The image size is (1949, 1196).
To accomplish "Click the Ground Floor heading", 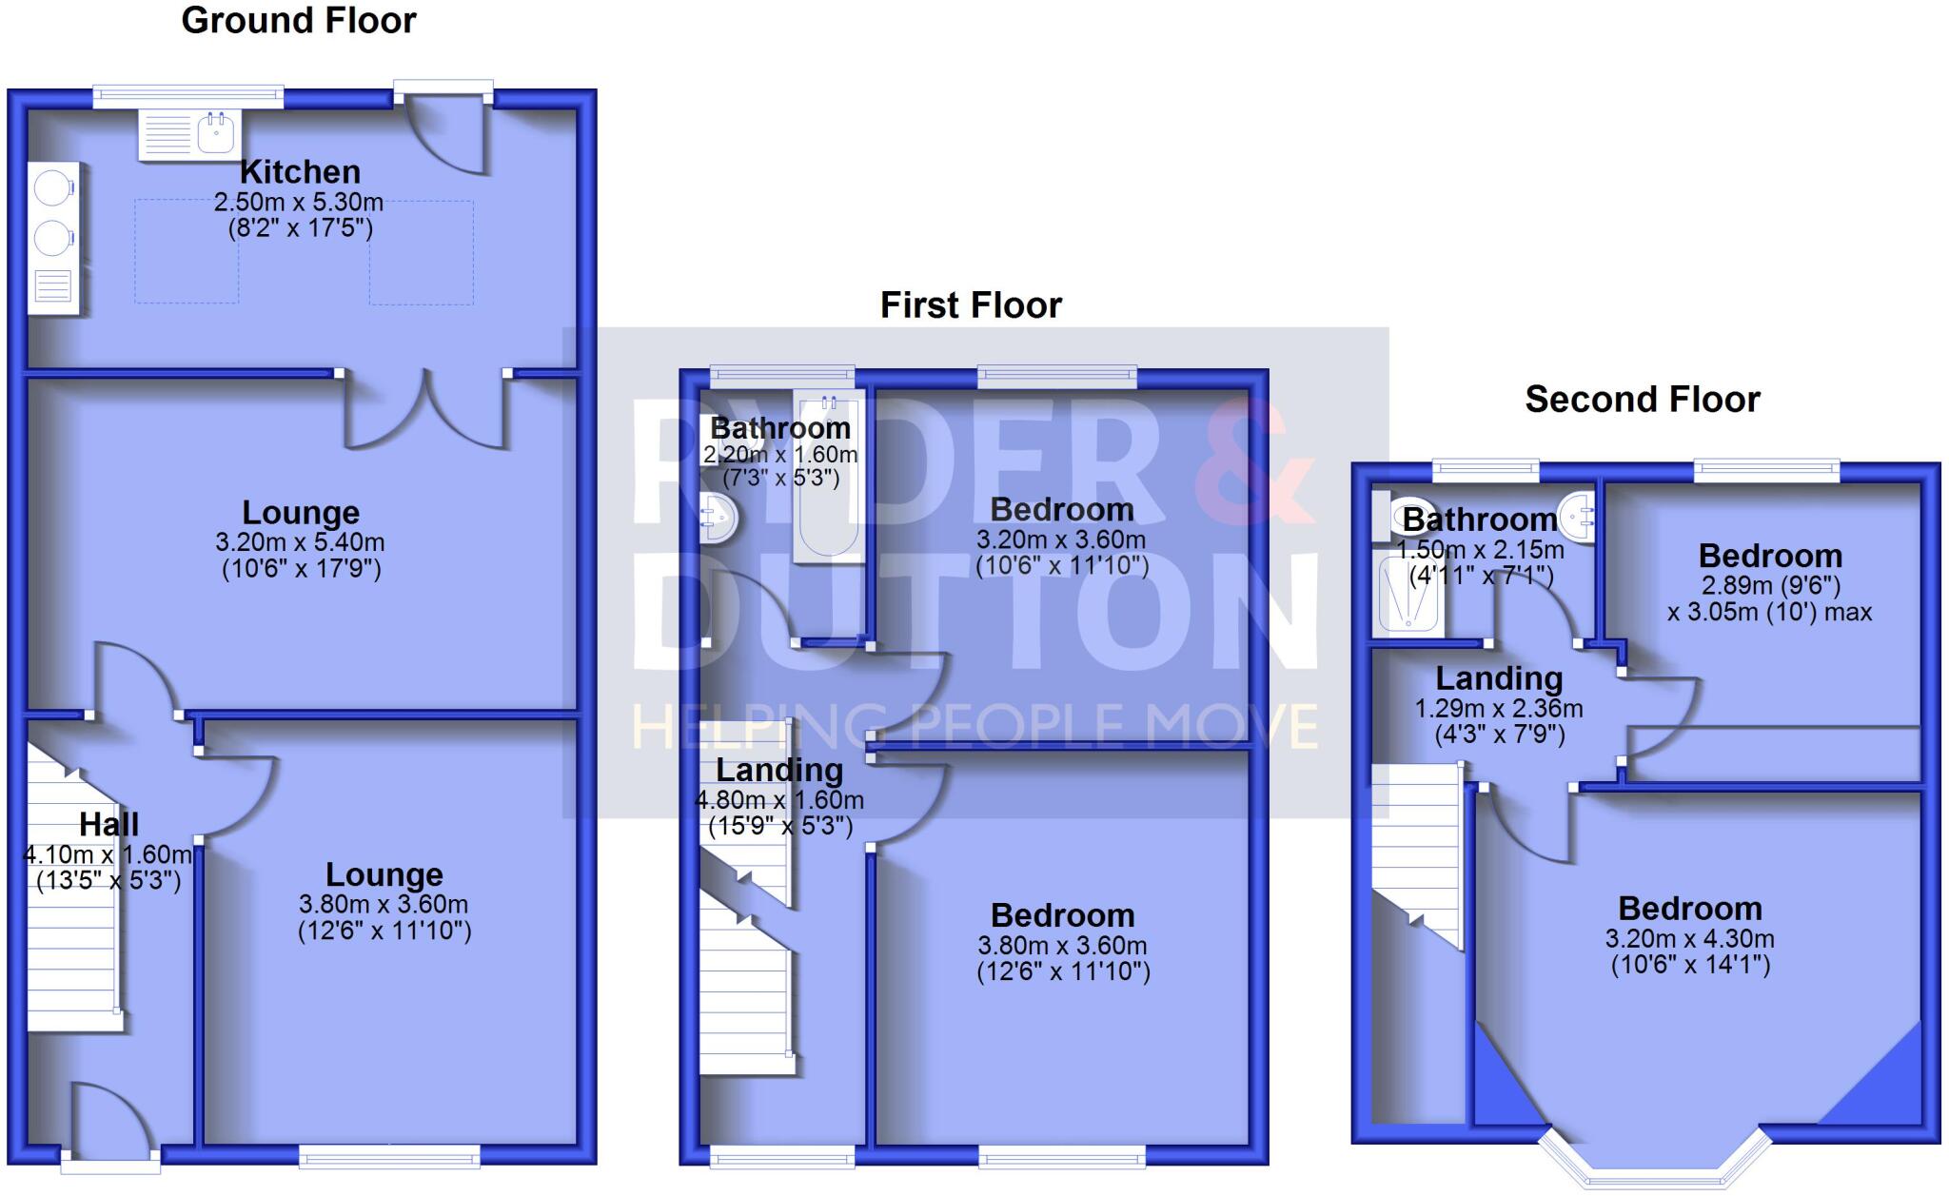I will coord(299,21).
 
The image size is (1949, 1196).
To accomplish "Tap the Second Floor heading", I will coord(1642,400).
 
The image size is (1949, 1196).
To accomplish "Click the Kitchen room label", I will coord(300,172).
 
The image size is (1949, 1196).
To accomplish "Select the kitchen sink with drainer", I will coord(187,134).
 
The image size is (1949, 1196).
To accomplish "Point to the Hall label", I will coord(108,824).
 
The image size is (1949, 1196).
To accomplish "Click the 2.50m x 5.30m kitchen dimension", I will coord(299,202).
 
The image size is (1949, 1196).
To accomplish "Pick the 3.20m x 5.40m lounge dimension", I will coord(300,542).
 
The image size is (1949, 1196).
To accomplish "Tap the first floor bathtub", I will coord(829,476).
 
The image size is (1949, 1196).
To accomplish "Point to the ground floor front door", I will coord(109,1123).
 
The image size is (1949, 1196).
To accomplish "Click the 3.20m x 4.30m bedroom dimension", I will coord(1689,939).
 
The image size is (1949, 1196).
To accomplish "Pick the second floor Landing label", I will coord(1499,678).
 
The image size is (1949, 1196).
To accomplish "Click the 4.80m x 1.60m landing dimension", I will coord(779,800).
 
